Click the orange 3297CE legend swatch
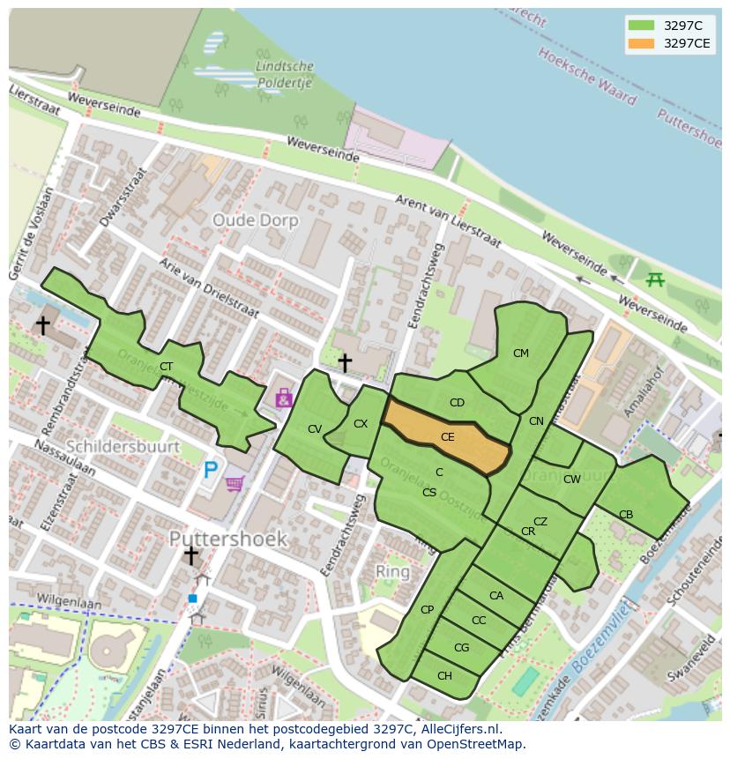click(641, 43)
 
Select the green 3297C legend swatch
click(641, 26)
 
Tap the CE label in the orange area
click(448, 437)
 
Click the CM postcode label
click(521, 353)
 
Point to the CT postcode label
click(166, 367)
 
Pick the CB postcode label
click(626, 515)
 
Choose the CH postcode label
click(444, 676)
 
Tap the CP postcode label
click(427, 610)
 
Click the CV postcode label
click(315, 429)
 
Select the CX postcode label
click(361, 424)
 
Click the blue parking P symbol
click(210, 470)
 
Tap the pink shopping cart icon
click(235, 483)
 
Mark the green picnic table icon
click(655, 279)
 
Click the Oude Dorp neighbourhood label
click(256, 220)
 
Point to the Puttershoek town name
click(227, 538)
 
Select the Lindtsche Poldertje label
click(284, 75)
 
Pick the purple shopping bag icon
click(283, 398)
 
